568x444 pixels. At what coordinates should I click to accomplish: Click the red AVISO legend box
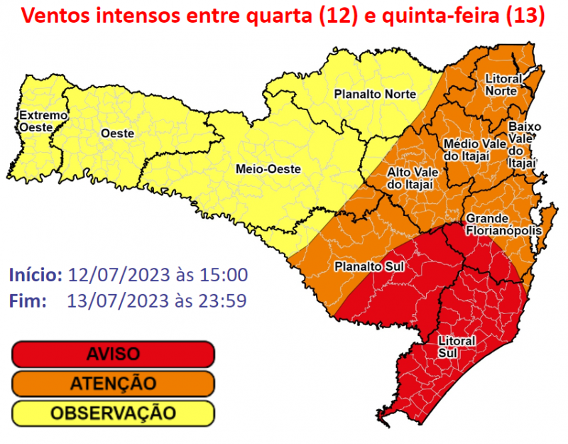[x=113, y=354]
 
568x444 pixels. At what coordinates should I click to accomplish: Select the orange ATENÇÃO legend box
[x=113, y=384]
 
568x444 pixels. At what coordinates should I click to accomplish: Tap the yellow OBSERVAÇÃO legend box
[x=113, y=412]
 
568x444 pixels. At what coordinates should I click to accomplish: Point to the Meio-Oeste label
[x=268, y=169]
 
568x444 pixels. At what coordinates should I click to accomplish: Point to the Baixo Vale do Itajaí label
[x=524, y=145]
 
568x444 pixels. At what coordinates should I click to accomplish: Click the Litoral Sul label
[x=457, y=347]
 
